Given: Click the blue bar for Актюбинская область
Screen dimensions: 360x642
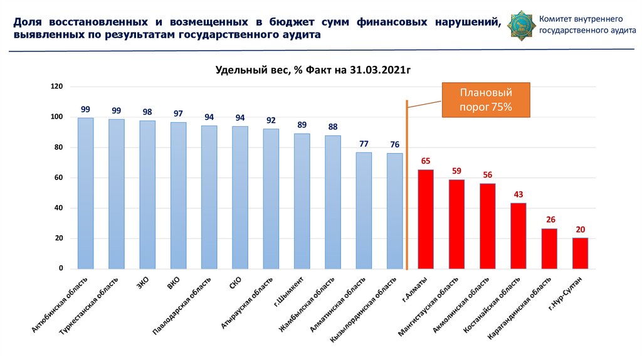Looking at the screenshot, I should (x=85, y=193).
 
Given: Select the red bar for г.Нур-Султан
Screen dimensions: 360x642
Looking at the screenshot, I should (x=580, y=253).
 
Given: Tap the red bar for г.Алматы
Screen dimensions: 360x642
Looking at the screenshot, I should (x=426, y=219).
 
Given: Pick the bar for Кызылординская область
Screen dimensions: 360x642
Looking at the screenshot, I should (x=394, y=211).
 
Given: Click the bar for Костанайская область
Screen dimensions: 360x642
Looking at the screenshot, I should (x=518, y=236).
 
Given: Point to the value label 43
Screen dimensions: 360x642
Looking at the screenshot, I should (x=518, y=194).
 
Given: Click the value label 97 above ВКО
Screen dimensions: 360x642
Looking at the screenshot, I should (x=178, y=114).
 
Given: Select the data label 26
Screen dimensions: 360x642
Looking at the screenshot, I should (x=549, y=220).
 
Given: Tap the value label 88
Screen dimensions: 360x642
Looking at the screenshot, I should (x=333, y=127).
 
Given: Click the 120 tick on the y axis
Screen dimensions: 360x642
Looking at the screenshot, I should (x=57, y=87).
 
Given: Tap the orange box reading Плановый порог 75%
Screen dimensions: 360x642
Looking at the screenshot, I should (x=487, y=100).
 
